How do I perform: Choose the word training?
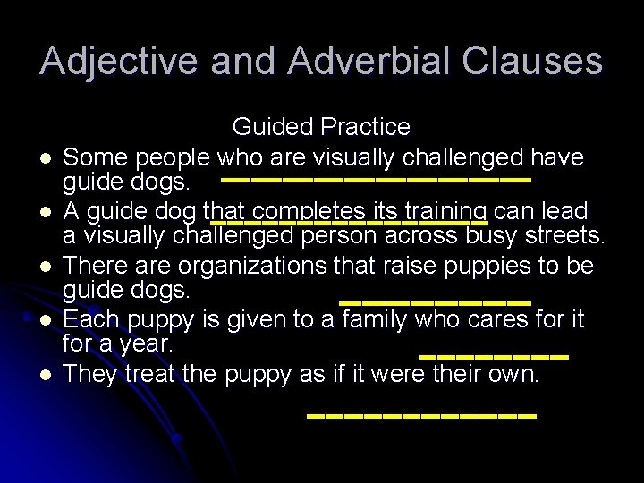[445, 211]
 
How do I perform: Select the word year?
[147, 343]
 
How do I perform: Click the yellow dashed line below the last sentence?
[421, 417]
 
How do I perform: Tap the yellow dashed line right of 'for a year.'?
[494, 356]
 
